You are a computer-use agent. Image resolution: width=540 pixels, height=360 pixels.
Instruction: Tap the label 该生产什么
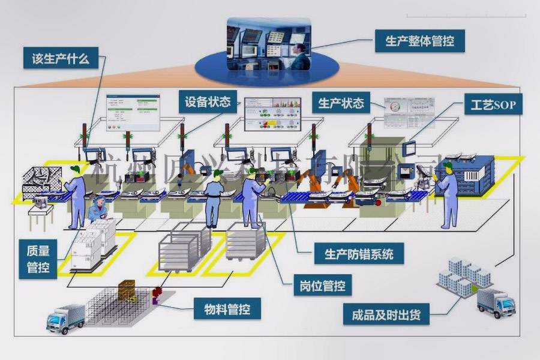coord(60,59)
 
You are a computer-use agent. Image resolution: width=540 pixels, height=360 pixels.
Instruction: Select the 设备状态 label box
coord(208,102)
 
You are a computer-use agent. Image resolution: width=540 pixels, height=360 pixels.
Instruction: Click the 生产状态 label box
coord(341,103)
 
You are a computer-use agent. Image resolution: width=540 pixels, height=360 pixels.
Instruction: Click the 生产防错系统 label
coord(359,253)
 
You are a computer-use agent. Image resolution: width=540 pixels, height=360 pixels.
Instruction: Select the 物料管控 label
coord(227,310)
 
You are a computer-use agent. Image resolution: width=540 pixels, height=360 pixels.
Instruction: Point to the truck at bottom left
coord(65,318)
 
